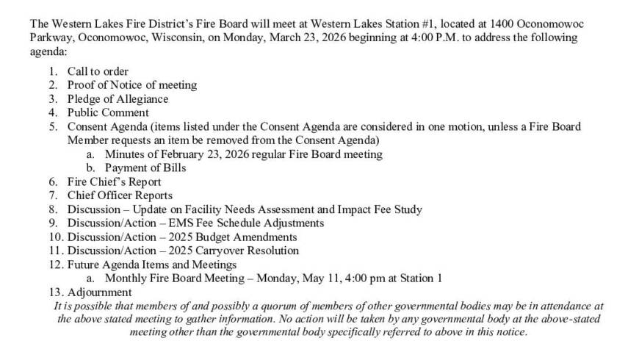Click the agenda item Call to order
(x=98, y=71)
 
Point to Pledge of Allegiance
(x=118, y=98)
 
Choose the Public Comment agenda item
(x=108, y=112)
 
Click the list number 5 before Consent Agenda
(x=53, y=126)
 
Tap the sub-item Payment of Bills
(x=145, y=168)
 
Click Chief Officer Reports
(x=120, y=195)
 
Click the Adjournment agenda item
(x=100, y=292)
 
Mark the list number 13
(x=55, y=292)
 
